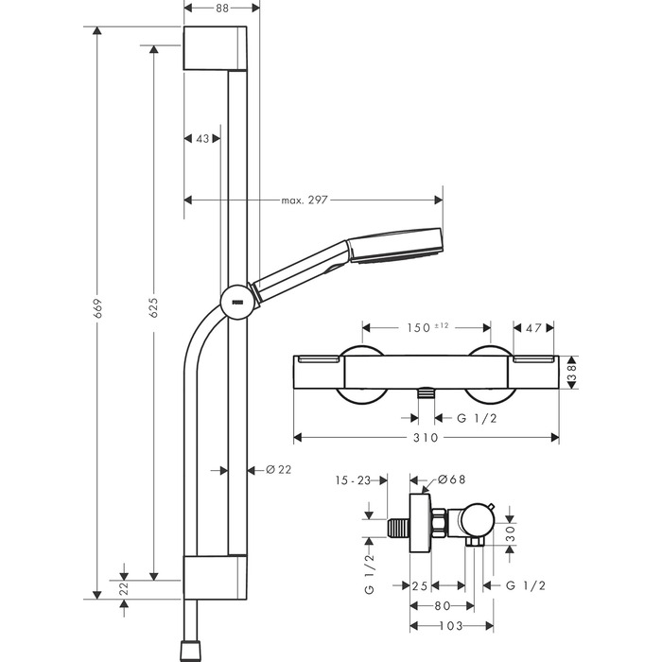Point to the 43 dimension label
201,139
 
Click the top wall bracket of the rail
217,47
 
